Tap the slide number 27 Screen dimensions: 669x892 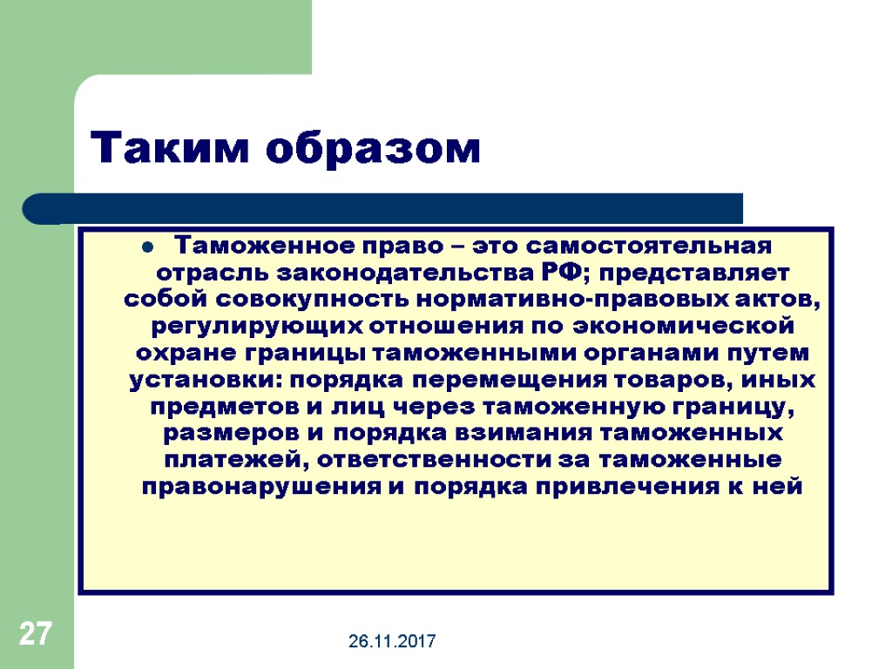tap(36, 633)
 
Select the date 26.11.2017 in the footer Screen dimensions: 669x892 tap(393, 642)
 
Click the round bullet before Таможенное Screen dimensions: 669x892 tap(146, 244)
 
